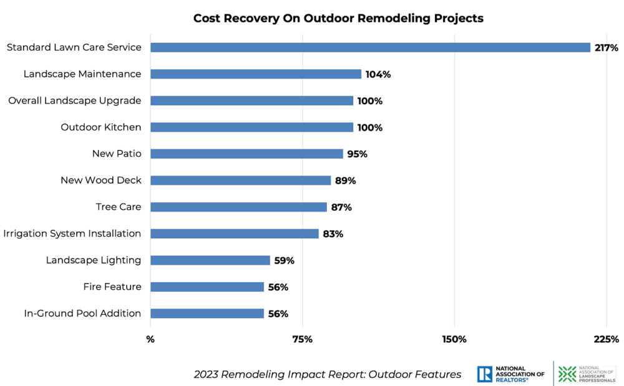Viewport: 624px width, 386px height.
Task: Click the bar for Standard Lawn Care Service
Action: click(x=370, y=47)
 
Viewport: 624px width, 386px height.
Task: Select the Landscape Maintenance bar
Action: click(x=256, y=74)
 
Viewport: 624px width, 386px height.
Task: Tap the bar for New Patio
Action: click(x=246, y=154)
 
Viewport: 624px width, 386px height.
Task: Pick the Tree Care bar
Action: click(x=238, y=207)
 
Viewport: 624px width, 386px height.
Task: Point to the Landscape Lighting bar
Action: click(x=210, y=260)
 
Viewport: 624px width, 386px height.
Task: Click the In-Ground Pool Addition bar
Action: click(x=207, y=314)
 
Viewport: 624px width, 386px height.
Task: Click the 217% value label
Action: click(x=607, y=47)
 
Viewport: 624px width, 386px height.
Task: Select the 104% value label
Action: click(x=378, y=74)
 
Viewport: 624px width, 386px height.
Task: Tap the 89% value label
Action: click(x=345, y=181)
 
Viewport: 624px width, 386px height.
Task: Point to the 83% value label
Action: click(x=333, y=234)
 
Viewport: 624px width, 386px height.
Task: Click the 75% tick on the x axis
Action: click(x=303, y=339)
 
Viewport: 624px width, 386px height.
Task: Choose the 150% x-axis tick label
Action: click(x=454, y=339)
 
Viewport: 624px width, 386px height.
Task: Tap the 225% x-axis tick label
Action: click(x=607, y=339)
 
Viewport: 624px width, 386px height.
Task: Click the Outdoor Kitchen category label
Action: click(x=101, y=127)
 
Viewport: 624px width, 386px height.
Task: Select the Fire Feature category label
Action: click(x=112, y=287)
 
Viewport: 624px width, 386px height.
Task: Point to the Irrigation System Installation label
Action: click(x=72, y=234)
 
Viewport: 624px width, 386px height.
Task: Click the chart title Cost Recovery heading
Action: click(x=338, y=18)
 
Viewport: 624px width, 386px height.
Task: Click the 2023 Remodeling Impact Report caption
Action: click(x=328, y=374)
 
